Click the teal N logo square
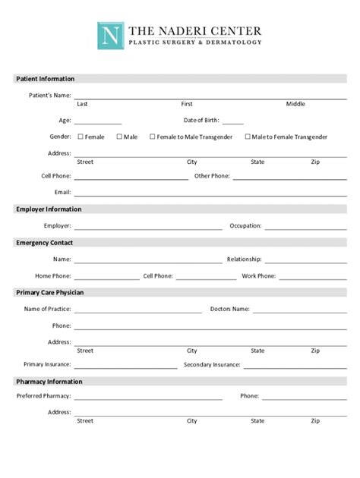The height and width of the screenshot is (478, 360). tap(110, 35)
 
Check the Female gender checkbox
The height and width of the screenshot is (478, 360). tap(81, 137)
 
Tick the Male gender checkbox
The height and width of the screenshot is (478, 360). tap(118, 137)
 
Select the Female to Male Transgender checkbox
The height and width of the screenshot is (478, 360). tap(152, 137)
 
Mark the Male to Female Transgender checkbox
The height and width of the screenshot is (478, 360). tap(248, 137)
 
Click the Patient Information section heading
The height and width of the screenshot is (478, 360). tap(46, 79)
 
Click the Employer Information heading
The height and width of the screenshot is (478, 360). tap(49, 209)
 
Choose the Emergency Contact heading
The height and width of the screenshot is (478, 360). tap(44, 243)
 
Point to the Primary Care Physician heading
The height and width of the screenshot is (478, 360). tap(50, 293)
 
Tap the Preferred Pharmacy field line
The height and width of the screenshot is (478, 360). tap(148, 398)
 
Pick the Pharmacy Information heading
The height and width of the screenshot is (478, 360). tap(49, 382)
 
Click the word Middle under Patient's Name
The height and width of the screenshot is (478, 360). tap(295, 104)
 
